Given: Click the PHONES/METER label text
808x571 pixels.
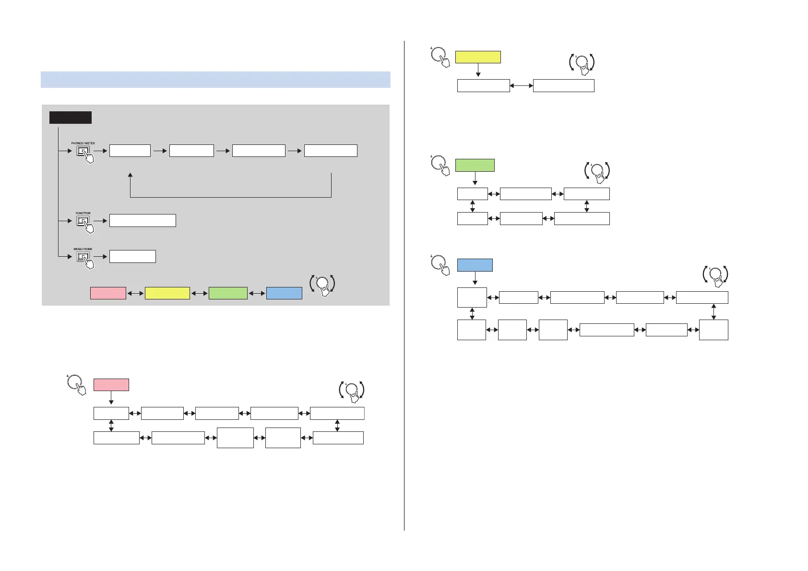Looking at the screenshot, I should point(83,143).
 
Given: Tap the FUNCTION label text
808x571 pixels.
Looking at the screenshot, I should point(83,213).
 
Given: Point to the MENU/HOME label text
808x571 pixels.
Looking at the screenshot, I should point(83,249).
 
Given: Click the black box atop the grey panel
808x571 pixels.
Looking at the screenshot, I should point(70,118).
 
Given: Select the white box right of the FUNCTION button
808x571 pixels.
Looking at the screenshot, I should point(143,220).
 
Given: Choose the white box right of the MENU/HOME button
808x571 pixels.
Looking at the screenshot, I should point(132,256).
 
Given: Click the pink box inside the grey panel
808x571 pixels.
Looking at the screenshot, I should point(108,293).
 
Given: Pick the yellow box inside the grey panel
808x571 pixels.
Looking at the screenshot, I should point(167,293).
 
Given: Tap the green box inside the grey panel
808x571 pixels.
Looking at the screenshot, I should point(228,293).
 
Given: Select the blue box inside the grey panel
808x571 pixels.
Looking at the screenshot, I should point(284,293).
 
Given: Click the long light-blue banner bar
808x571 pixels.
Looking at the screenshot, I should point(215,80).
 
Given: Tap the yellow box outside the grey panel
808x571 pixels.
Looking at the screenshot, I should point(477,57).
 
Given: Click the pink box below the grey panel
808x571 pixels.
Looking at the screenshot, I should point(111,385).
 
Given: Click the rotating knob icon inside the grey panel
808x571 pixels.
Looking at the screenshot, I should point(323,284).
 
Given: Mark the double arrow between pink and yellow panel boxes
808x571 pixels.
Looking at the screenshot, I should point(135,293).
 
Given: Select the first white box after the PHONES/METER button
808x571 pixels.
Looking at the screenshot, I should point(130,151).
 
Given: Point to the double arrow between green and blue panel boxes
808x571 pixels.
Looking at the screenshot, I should point(257,293).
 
